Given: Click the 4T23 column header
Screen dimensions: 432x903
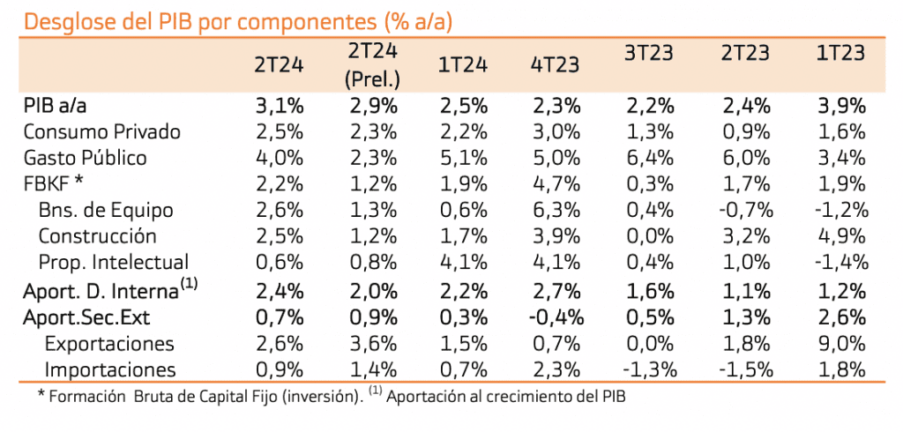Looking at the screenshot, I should click(x=556, y=65).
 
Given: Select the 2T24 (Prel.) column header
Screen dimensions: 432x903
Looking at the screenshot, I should click(x=373, y=66).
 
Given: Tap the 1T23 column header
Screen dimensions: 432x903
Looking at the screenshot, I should click(x=841, y=53).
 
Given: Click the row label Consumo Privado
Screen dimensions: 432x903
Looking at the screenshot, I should click(x=102, y=132).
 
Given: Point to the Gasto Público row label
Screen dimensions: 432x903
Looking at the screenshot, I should click(x=86, y=159).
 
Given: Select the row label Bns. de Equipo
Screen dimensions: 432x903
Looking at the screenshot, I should click(x=106, y=211).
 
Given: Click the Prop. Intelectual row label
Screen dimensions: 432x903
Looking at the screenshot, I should click(x=114, y=262).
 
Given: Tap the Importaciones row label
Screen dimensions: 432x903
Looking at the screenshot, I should click(x=110, y=370).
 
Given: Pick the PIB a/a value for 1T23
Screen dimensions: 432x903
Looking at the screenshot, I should click(x=841, y=107).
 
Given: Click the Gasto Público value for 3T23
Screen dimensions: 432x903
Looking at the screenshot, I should click(x=649, y=159).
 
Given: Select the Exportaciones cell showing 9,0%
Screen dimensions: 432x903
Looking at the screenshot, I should click(x=841, y=344).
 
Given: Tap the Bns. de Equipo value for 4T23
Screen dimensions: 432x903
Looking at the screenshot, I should click(x=556, y=211).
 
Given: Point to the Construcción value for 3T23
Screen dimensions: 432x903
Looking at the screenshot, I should click(x=649, y=236).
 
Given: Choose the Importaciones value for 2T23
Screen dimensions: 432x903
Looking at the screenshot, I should click(x=744, y=370).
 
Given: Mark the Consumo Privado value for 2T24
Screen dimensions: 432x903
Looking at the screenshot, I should click(x=280, y=132).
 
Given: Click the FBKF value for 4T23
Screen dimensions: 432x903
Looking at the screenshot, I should click(x=556, y=184).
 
